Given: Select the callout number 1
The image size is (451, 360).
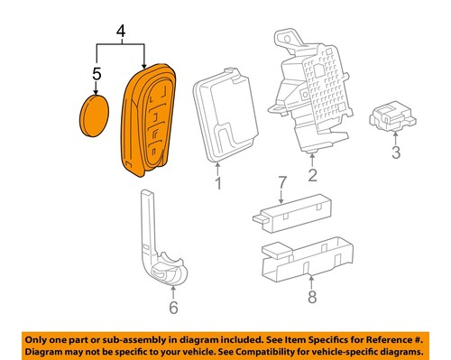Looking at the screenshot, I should (x=216, y=185).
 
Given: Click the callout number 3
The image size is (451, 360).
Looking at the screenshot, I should (x=395, y=154).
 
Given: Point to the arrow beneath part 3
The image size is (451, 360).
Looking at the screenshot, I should (x=395, y=137).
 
